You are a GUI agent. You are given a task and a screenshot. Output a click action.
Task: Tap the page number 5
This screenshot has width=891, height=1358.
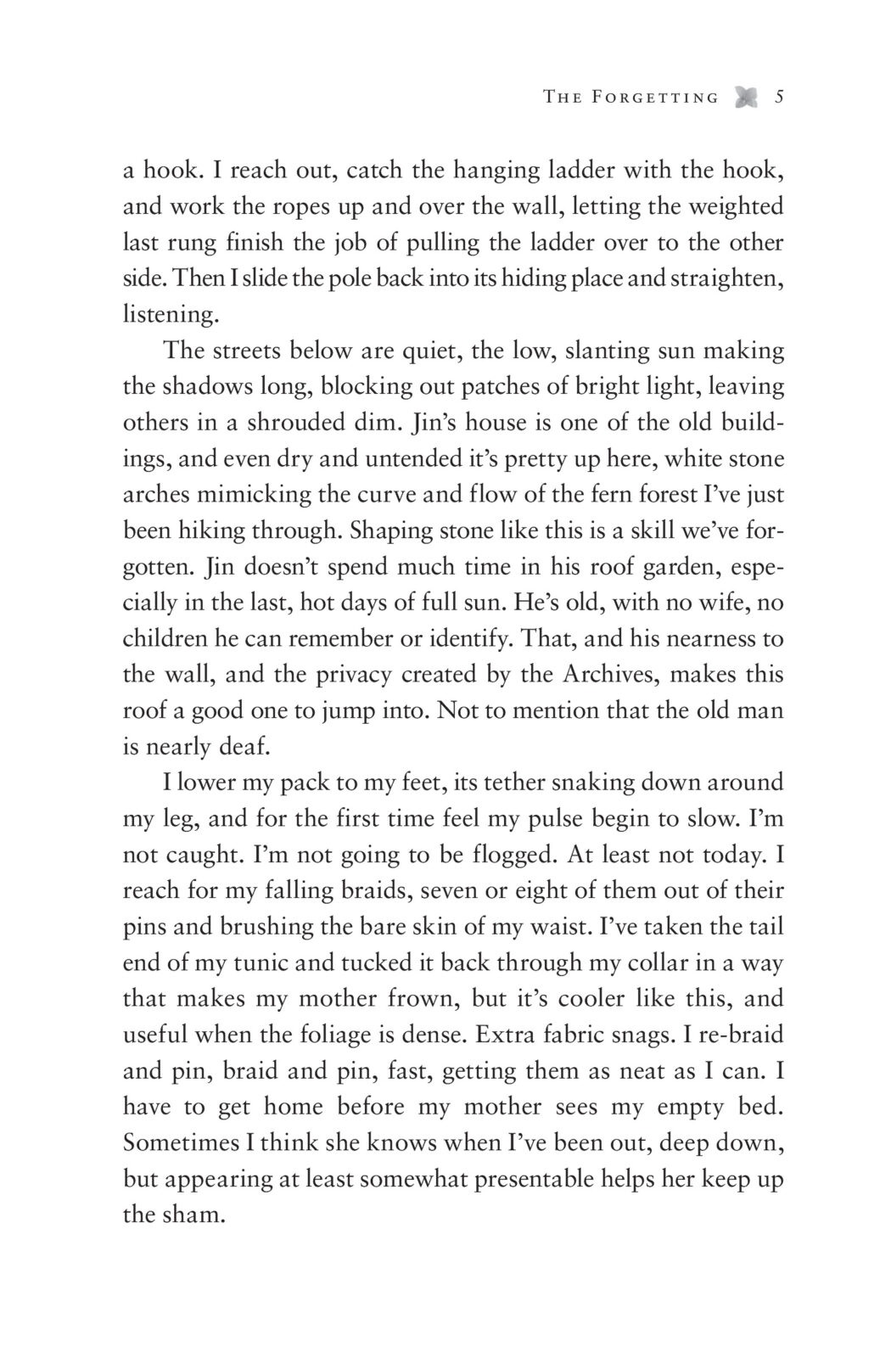(778, 97)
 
